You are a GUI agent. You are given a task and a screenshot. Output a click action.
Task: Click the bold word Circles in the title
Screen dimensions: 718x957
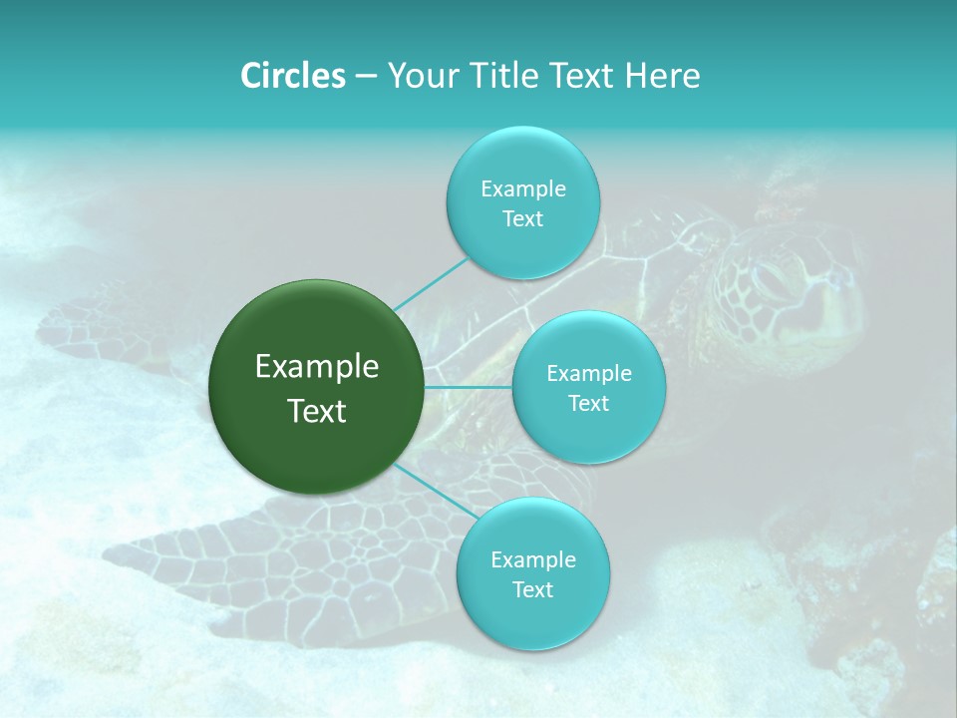point(292,75)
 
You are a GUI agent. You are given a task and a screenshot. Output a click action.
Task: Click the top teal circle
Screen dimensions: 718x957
point(522,203)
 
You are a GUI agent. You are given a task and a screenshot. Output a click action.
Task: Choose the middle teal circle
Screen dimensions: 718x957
point(588,388)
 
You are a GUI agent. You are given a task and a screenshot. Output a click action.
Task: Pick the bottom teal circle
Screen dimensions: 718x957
point(532,574)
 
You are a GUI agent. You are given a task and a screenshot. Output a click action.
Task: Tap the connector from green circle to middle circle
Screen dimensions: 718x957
point(469,387)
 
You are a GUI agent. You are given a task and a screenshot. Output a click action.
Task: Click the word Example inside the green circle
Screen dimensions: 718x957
point(317,367)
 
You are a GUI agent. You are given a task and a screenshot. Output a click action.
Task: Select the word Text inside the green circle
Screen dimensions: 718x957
point(317,411)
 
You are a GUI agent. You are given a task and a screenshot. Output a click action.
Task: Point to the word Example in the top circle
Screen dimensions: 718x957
point(522,188)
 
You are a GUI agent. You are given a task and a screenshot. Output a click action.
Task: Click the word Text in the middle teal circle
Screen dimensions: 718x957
point(588,403)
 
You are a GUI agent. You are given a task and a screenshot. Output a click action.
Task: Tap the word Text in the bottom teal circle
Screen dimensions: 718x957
point(532,589)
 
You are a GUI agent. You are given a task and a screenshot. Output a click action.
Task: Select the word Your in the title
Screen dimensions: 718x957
point(420,75)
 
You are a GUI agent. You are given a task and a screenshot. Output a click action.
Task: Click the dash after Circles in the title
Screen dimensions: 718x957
point(366,76)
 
